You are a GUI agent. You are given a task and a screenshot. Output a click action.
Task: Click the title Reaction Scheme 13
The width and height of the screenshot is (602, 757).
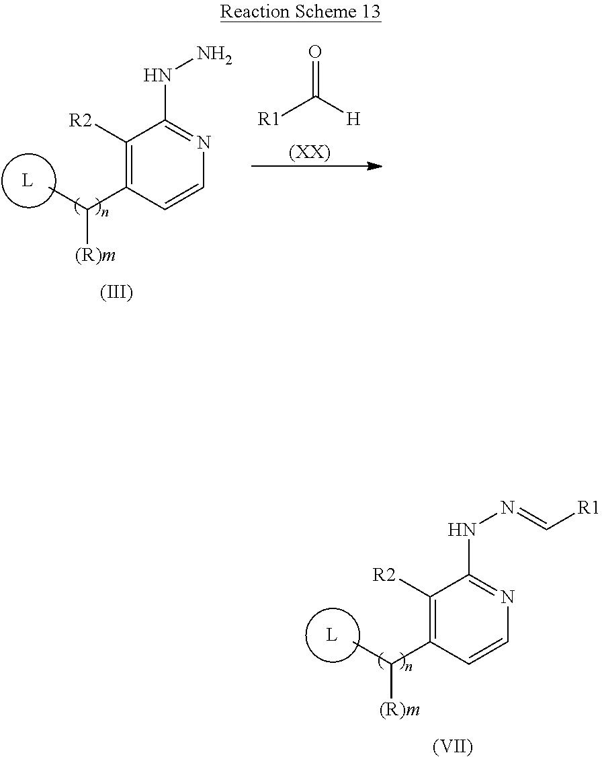(x=301, y=12)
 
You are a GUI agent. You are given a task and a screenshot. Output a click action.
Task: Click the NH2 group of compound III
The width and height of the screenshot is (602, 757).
(x=215, y=54)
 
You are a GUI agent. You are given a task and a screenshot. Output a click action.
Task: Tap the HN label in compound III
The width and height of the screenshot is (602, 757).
(x=159, y=75)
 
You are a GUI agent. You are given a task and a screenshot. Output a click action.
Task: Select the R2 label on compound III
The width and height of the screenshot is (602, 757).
(x=83, y=121)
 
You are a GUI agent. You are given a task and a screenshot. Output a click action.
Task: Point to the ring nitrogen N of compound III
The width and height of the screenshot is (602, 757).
(x=205, y=143)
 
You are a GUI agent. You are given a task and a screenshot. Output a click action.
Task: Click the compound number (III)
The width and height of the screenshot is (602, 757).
(x=116, y=292)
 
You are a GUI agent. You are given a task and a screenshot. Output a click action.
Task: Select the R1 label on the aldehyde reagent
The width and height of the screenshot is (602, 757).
(x=269, y=120)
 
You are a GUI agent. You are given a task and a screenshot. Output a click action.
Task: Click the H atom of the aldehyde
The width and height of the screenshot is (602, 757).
(x=354, y=120)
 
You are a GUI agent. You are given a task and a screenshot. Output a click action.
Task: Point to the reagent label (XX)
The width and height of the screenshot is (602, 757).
(x=309, y=153)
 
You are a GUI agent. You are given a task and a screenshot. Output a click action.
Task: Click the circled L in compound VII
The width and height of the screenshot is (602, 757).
(x=332, y=635)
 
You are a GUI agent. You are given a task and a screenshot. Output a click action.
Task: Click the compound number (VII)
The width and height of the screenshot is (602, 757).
(x=452, y=746)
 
